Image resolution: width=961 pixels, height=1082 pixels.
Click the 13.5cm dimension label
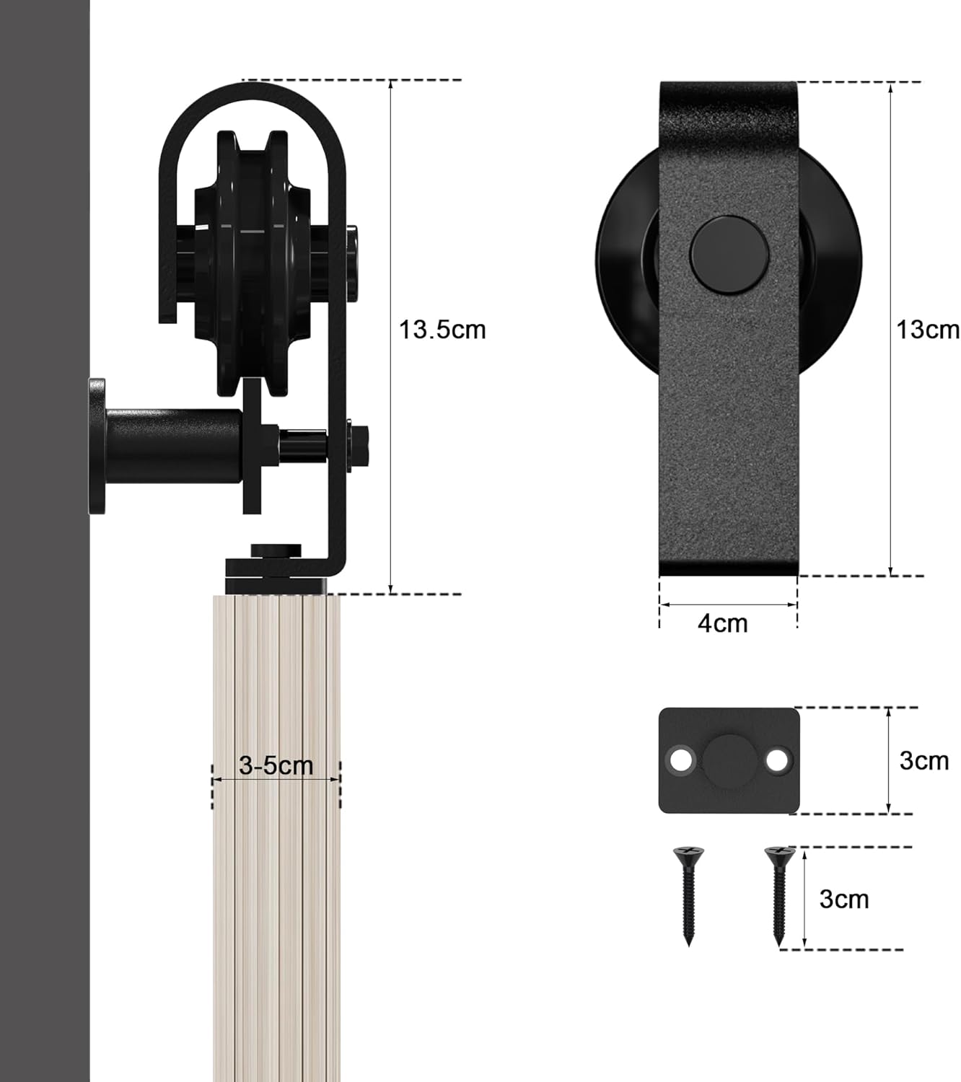coord(442,330)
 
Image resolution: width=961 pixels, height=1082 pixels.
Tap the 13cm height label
coord(926,330)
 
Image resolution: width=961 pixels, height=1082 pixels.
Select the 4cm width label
coord(722,623)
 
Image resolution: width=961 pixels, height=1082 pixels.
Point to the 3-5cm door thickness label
coord(276,765)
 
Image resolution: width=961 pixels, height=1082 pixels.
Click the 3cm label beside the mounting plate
coord(923,760)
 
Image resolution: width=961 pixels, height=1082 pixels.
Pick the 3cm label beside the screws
coord(843,899)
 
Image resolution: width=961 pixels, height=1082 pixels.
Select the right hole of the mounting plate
coord(777,760)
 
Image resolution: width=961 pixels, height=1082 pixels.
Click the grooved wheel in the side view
coord(253,263)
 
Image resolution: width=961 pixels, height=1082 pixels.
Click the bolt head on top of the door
coord(276,551)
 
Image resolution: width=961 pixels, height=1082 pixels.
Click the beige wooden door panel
coord(276,902)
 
